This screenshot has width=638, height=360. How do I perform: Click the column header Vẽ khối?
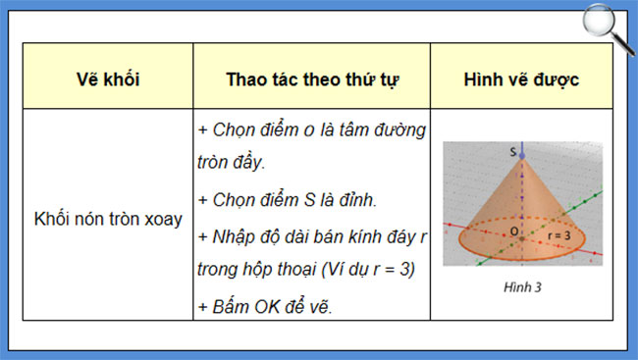(x=108, y=79)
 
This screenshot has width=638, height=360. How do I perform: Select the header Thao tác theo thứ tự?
(x=311, y=79)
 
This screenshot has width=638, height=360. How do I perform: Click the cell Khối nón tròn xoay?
(x=108, y=219)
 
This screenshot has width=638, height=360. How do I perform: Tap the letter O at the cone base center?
(x=512, y=231)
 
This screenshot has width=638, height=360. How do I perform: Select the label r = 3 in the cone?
(x=559, y=235)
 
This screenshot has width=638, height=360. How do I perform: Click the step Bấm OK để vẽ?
(x=266, y=307)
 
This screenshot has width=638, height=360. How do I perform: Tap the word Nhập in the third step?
(x=232, y=236)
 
